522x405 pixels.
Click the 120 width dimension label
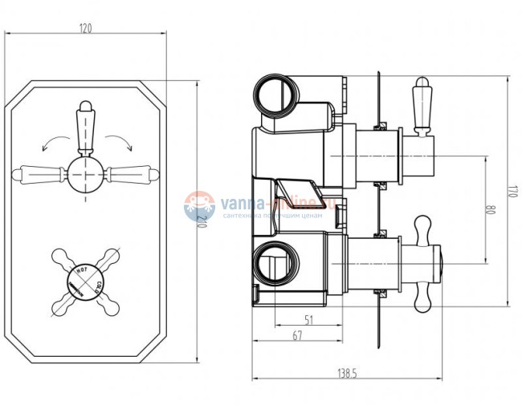(x=86, y=29)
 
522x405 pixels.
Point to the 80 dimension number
(x=489, y=210)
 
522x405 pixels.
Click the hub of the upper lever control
(x=85, y=172)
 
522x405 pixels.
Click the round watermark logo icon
(x=199, y=205)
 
